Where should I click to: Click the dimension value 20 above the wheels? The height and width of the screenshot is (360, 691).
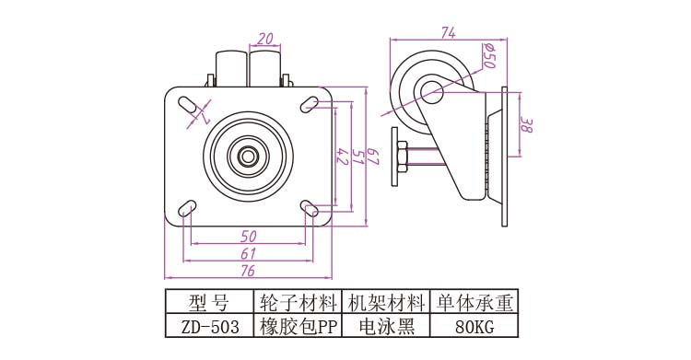264,39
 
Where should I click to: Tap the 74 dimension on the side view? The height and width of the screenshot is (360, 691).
448,32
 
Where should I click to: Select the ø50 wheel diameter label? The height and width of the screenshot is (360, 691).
488,55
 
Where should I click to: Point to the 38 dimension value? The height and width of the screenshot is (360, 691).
527,124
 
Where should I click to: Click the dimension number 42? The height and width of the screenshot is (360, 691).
343,157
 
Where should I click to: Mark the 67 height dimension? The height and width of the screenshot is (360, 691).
373,157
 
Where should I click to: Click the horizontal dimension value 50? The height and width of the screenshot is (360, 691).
249,237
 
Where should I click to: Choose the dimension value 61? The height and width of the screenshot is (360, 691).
249,253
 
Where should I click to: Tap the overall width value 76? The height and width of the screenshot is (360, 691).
248,270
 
